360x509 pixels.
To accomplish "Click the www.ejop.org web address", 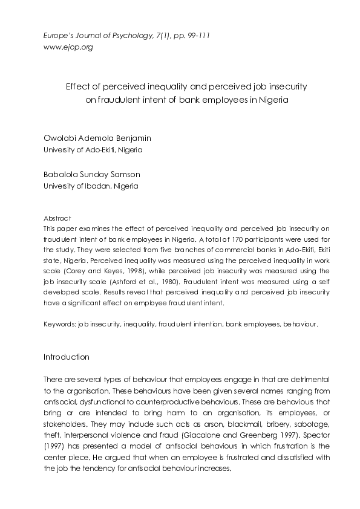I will point(68,47).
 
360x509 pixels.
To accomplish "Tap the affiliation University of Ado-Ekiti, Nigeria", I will point(93,149).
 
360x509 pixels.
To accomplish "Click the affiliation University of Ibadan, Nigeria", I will point(91,186).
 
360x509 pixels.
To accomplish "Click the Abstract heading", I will point(57,218).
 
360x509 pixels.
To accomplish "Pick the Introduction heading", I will point(67,357).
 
